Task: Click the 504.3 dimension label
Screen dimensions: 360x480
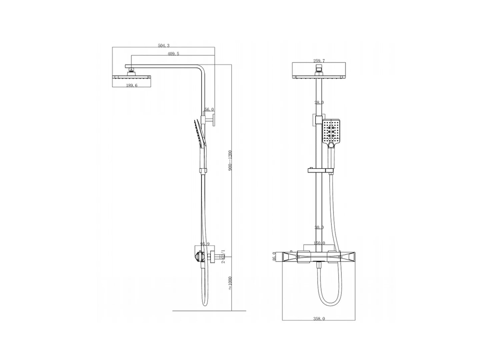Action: [x=164, y=46]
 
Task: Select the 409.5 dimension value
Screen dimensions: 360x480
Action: [x=173, y=54]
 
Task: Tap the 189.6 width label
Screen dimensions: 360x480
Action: [x=132, y=85]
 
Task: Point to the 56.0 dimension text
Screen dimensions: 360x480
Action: [x=209, y=109]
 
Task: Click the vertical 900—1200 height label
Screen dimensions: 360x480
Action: [x=230, y=161]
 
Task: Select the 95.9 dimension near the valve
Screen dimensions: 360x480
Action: [x=205, y=244]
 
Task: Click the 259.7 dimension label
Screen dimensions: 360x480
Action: [x=319, y=61]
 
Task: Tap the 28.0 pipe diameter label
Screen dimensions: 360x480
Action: [x=319, y=103]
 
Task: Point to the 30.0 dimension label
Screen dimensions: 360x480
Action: [x=319, y=228]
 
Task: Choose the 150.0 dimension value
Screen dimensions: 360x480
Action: [x=319, y=243]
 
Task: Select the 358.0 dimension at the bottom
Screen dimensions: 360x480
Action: [x=319, y=319]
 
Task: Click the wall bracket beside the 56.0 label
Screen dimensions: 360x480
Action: [x=210, y=120]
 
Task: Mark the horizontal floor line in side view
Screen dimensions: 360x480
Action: [x=209, y=311]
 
